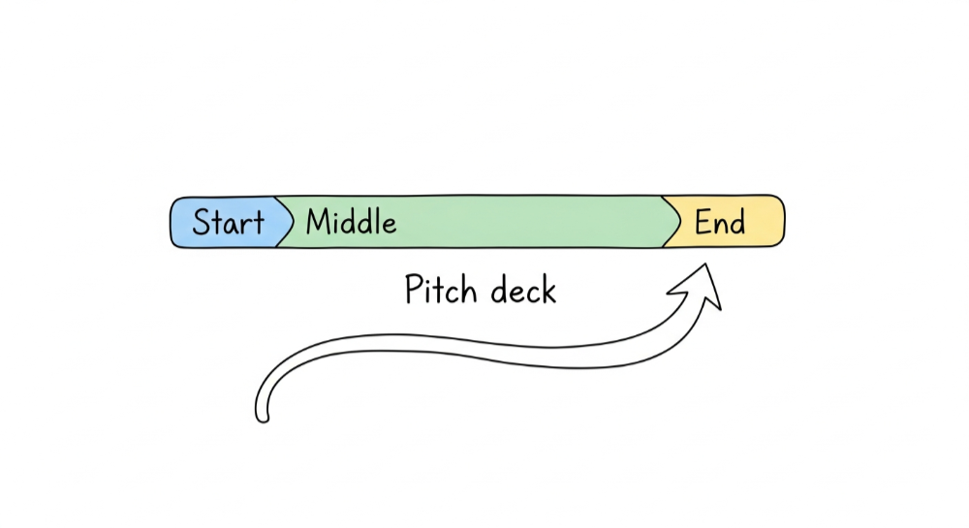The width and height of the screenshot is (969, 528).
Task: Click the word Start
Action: [x=228, y=223]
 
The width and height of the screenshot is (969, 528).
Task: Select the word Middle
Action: [x=351, y=222]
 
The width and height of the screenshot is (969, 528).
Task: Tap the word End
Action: [x=720, y=222]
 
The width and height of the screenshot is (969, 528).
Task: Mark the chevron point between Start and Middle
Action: [x=292, y=222]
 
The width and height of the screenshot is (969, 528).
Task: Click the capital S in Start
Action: [x=202, y=223]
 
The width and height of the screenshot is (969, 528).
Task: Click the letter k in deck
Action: [x=548, y=289]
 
